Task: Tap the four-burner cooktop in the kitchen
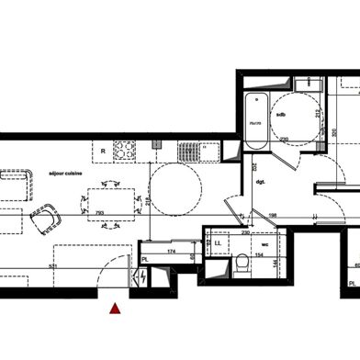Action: [x=124, y=149]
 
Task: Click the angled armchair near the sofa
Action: [x=43, y=220]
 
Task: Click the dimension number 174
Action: [x=172, y=251]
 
